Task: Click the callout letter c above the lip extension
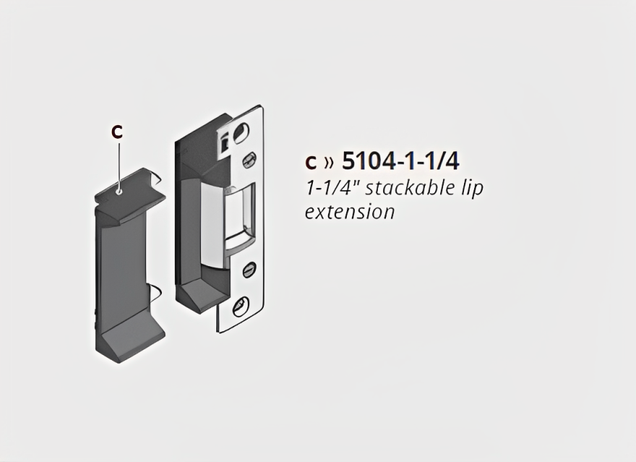[117, 132]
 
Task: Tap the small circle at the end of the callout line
[117, 192]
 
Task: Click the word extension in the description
[350, 212]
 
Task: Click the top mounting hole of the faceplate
[240, 130]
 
